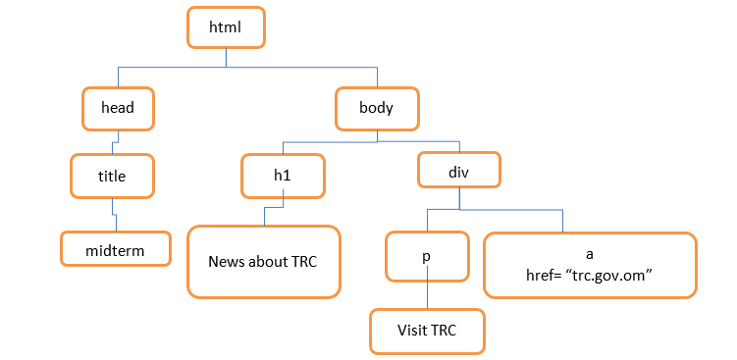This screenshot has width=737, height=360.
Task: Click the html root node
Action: [225, 28]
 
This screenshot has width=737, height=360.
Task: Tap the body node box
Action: [377, 108]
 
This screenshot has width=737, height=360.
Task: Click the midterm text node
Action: [115, 249]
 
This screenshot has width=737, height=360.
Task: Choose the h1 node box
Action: [283, 174]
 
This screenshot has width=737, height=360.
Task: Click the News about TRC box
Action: [263, 262]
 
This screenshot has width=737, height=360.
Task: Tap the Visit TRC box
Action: [428, 330]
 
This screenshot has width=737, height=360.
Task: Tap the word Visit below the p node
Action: [413, 330]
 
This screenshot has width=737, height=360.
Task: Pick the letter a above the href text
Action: [589, 253]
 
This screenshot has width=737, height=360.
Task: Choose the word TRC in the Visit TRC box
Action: [446, 330]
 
